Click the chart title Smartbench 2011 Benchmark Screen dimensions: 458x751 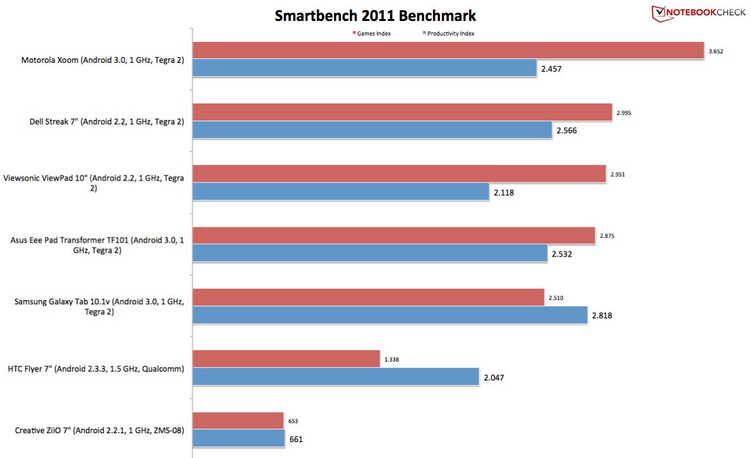click(375, 15)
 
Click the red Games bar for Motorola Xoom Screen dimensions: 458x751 click(448, 50)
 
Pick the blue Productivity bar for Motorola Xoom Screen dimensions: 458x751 click(365, 68)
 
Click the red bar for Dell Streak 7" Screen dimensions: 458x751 click(402, 112)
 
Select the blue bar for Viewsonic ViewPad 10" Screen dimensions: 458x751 click(341, 192)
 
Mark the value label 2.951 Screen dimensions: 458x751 click(617, 175)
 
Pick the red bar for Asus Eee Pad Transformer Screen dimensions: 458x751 click(394, 236)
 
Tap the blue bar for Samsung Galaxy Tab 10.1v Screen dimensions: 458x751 click(390, 315)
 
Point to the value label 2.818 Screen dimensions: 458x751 click(603, 315)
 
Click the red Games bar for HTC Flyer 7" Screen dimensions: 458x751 click(286, 359)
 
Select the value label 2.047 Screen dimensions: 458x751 click(495, 377)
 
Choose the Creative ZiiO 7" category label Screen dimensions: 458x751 click(99, 431)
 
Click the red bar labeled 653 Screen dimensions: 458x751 click(238, 421)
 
